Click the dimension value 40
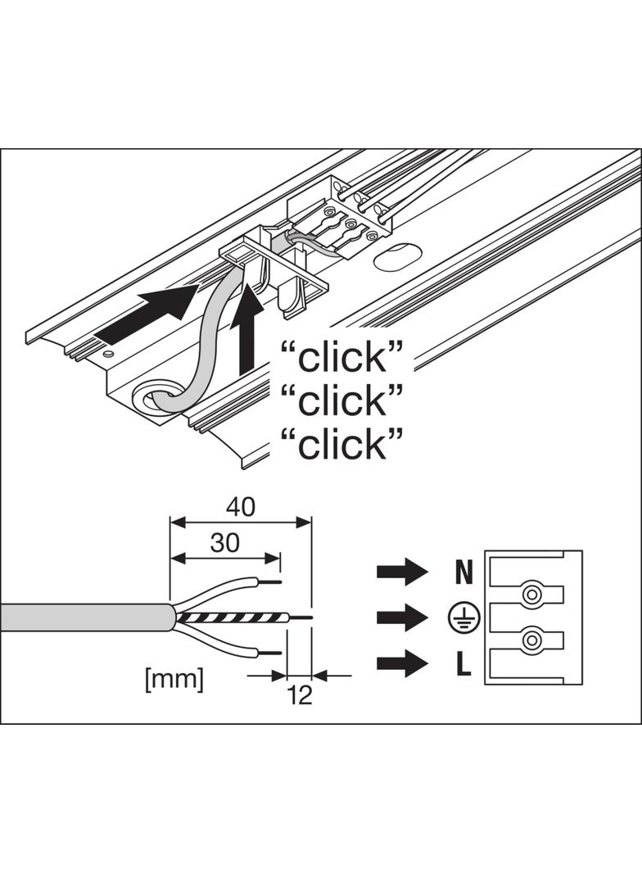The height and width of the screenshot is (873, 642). coord(241,507)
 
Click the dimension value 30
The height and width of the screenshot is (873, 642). coord(225,542)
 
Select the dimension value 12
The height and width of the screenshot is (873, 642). coord(301,694)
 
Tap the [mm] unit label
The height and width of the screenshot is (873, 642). coord(174,679)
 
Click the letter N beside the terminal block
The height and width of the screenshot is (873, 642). coord(463,572)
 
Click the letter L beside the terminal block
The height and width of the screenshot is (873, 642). coord(463,663)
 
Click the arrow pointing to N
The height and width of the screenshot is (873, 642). coord(402,572)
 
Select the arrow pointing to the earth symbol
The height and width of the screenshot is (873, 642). coord(402,617)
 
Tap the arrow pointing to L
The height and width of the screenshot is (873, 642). coord(402,663)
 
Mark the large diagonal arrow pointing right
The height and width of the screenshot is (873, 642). coord(147,316)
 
